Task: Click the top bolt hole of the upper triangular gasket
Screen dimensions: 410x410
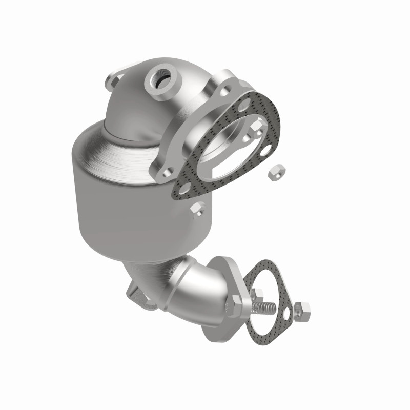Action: pyautogui.click(x=243, y=107)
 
